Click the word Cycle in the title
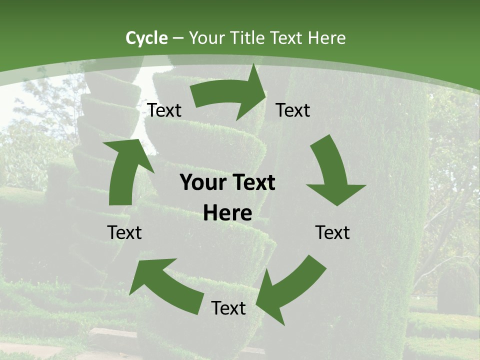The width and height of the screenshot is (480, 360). [146, 38]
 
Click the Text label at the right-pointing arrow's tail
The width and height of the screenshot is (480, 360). [164, 110]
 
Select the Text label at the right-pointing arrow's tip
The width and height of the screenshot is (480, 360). [293, 110]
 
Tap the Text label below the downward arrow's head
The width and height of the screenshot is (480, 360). [332, 232]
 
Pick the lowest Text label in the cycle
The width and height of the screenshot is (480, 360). [228, 308]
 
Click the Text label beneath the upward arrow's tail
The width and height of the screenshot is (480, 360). [124, 232]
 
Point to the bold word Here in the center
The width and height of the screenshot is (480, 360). [227, 213]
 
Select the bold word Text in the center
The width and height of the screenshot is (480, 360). [252, 183]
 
